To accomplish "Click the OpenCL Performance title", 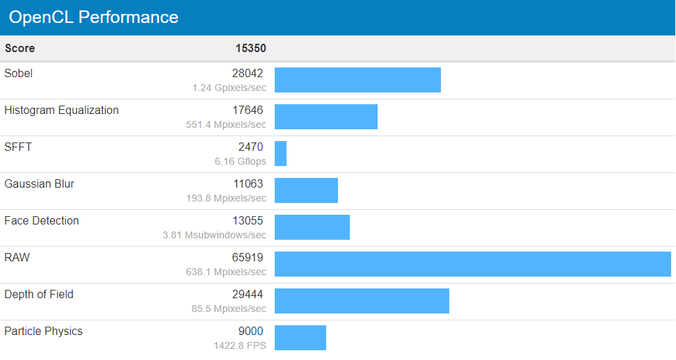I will coord(94,17).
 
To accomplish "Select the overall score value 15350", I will coord(250,49).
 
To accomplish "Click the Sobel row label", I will coord(19,74).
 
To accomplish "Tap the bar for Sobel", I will coord(357,80).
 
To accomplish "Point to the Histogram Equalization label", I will coord(61,111).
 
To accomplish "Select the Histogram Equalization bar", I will coord(326,117).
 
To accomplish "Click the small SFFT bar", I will coord(280,154).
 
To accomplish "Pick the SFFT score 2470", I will coord(250,147).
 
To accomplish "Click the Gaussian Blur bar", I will coord(306,190).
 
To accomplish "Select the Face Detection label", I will coord(42,221).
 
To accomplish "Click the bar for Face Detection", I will coord(312,227).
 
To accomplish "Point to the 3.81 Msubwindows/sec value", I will coord(214,235).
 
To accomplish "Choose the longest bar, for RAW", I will coord(473,264).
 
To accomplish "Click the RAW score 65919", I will coord(248,258).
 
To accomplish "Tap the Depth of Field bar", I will coord(362,301).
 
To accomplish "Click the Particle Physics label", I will coord(43,332).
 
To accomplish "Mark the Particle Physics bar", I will coord(300,338).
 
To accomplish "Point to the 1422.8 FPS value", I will coord(241,345).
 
